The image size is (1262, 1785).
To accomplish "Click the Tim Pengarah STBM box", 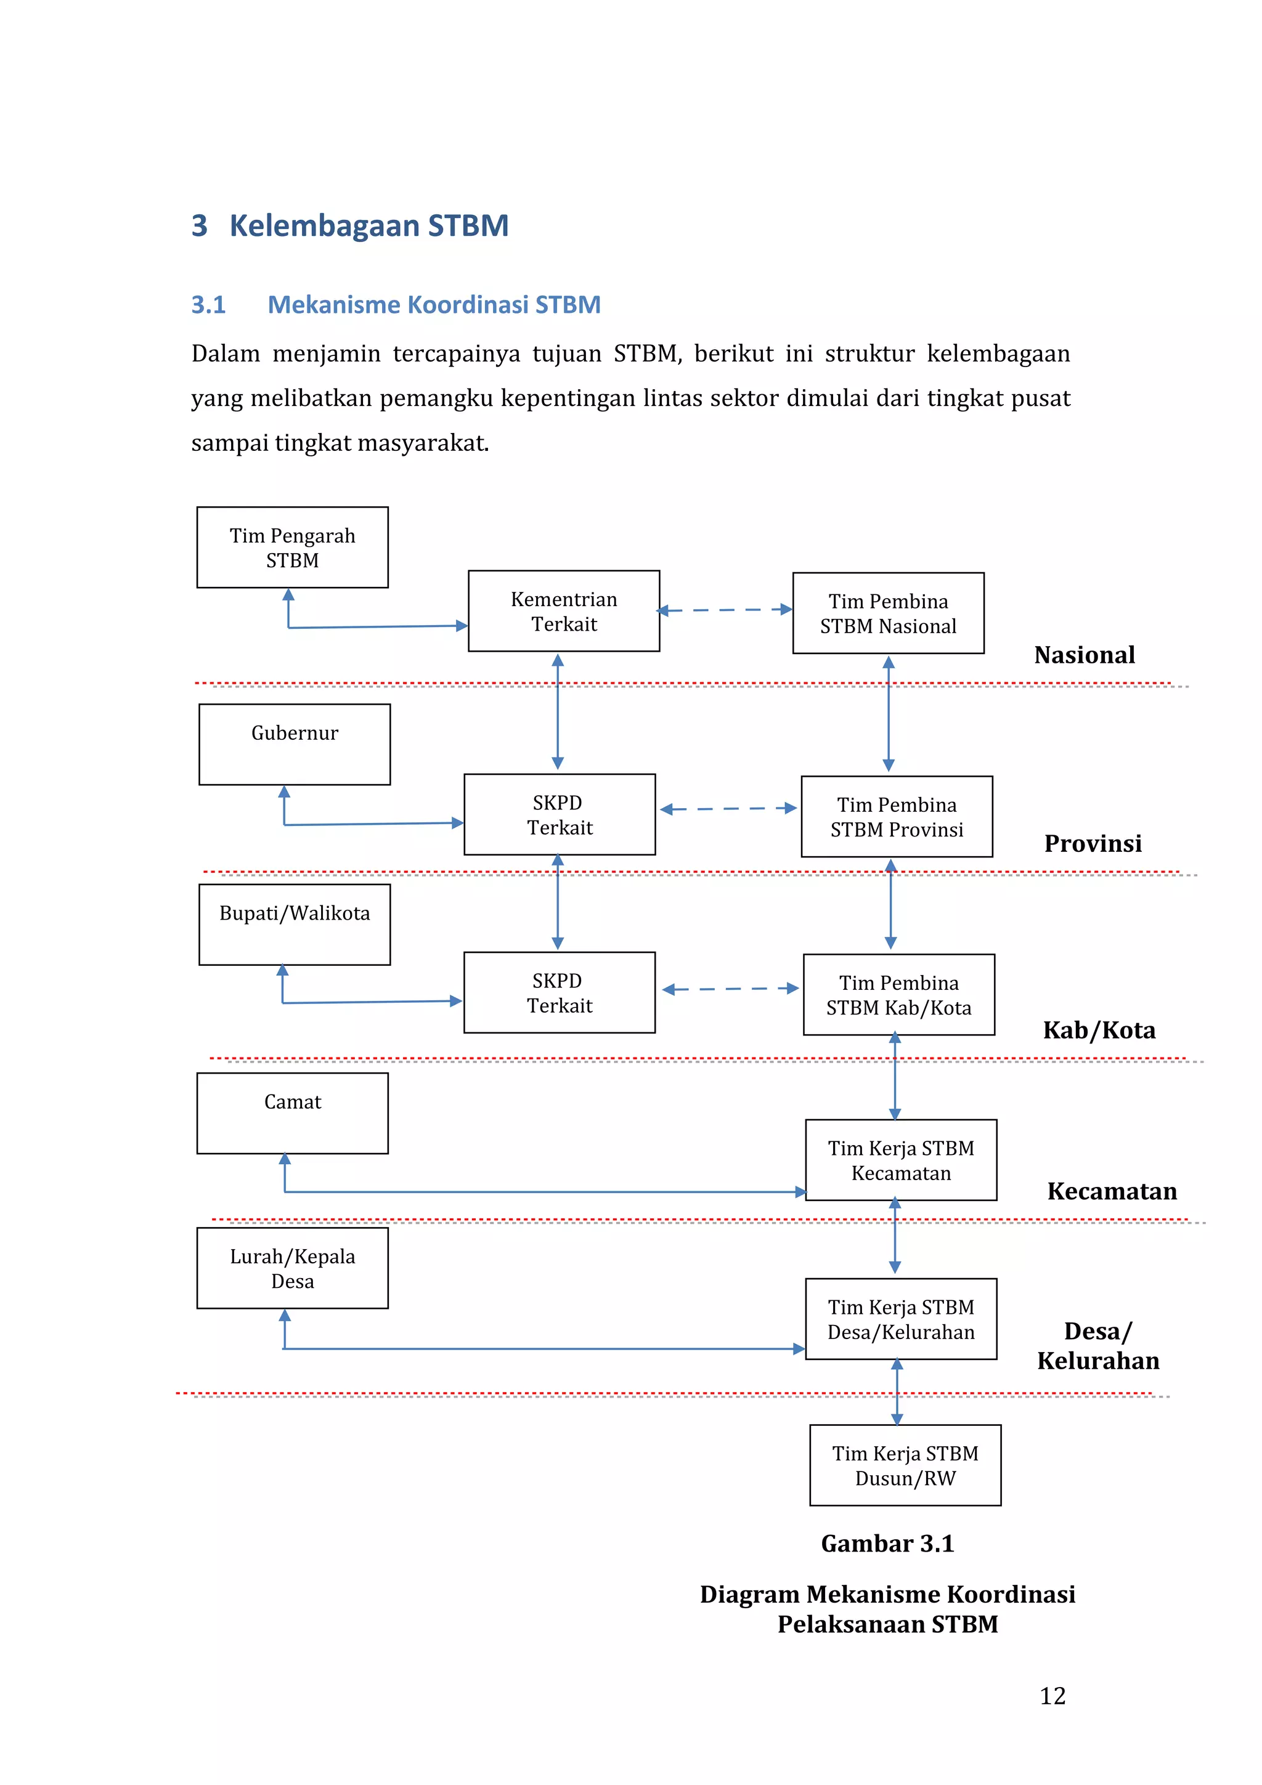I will point(292,548).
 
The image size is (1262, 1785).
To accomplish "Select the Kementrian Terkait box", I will point(564,611).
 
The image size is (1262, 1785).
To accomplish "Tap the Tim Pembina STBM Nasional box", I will point(888,613).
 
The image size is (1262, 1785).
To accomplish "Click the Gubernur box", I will point(294,744).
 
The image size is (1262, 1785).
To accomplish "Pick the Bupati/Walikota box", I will point(294,925).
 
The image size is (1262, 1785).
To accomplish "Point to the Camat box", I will point(292,1113).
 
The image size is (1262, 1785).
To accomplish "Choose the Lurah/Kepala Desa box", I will point(292,1268).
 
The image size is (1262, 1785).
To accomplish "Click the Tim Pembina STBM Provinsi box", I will point(897,816).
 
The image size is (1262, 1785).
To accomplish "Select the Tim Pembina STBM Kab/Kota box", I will point(899,994).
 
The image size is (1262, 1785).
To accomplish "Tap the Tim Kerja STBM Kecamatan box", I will point(900,1160).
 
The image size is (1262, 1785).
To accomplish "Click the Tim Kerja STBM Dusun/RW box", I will point(905,1465).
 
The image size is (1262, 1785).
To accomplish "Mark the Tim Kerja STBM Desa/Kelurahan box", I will point(900,1319).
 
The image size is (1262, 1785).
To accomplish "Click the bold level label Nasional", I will point(1084,655).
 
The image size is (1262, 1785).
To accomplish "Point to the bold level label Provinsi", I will point(1093,843).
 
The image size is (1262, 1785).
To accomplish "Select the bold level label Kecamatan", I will point(1112,1191).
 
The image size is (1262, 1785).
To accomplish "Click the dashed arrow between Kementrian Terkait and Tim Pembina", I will point(725,610).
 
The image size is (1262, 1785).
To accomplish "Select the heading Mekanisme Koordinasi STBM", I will point(434,305).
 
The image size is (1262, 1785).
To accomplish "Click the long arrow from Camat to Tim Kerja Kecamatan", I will point(544,1192).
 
